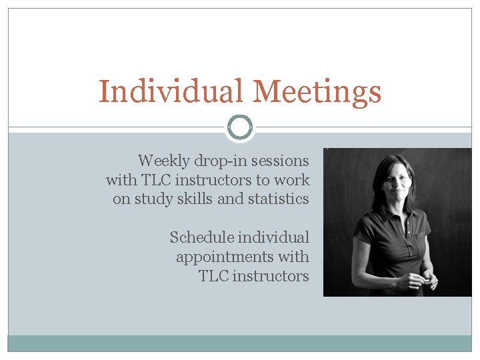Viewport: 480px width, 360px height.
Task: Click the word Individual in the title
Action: (x=170, y=91)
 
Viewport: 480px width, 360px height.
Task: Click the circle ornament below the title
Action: (x=240, y=127)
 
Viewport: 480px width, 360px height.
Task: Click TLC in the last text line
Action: (x=214, y=276)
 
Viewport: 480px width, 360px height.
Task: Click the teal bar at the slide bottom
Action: (x=240, y=343)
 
